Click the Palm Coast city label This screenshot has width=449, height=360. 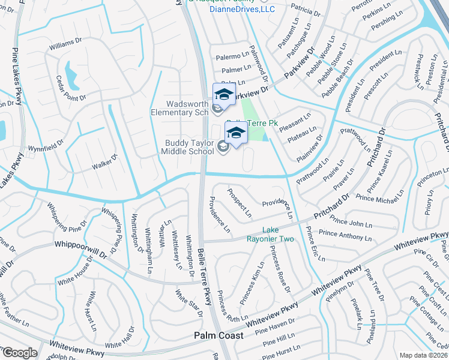218,335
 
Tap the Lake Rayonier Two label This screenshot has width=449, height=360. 279,235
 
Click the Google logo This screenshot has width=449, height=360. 19,353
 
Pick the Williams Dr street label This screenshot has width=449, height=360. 65,44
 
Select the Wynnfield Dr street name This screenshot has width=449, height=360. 46,146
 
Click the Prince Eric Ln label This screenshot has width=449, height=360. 315,244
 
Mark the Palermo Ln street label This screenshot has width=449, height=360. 232,57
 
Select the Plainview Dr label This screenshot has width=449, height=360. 315,146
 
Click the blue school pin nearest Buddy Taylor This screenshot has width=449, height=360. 236,133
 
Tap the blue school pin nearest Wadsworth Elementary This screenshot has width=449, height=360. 224,95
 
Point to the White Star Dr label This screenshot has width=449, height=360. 188,301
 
